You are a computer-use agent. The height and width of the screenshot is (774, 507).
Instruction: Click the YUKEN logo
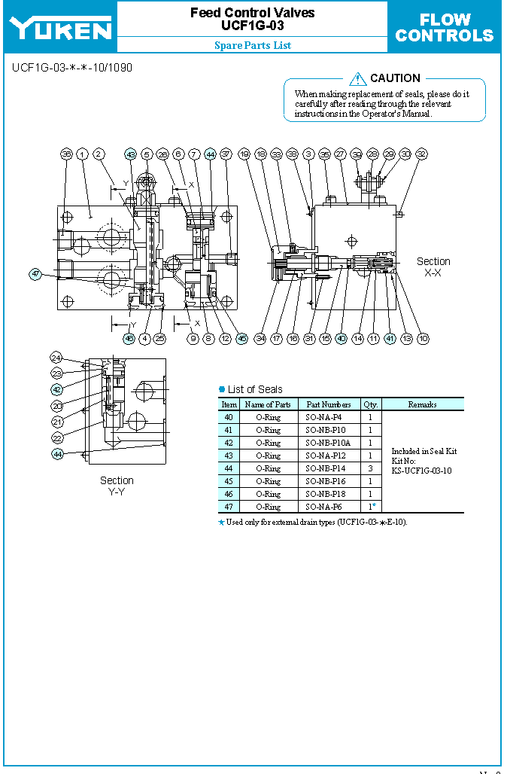(x=60, y=28)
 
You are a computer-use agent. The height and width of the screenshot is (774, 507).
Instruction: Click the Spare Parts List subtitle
(x=253, y=45)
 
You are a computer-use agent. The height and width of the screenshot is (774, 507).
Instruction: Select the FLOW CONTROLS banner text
(x=445, y=28)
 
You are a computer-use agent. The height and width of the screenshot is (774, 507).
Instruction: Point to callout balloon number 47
(x=35, y=274)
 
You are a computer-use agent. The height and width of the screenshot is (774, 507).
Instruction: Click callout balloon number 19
(x=244, y=154)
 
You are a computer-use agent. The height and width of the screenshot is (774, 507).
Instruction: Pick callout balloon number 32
(x=421, y=154)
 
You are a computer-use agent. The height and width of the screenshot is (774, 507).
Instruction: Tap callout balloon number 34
(x=260, y=339)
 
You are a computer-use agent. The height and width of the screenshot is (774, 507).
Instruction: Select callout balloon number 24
(x=56, y=357)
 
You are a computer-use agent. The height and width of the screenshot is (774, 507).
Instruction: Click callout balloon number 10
(x=424, y=339)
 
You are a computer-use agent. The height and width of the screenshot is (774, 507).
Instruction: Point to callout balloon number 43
(x=130, y=154)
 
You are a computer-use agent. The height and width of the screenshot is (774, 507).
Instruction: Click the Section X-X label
(x=433, y=267)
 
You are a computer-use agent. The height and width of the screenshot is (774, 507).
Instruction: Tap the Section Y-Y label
(x=117, y=486)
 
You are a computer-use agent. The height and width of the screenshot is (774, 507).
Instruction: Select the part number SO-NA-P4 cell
(x=328, y=417)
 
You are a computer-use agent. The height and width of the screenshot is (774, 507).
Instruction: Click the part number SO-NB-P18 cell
(x=328, y=494)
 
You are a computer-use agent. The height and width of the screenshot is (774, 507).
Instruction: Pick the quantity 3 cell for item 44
(x=370, y=468)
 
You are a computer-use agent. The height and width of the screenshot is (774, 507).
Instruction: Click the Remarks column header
(x=422, y=404)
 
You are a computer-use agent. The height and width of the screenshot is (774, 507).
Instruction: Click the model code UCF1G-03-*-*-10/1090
(x=72, y=68)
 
